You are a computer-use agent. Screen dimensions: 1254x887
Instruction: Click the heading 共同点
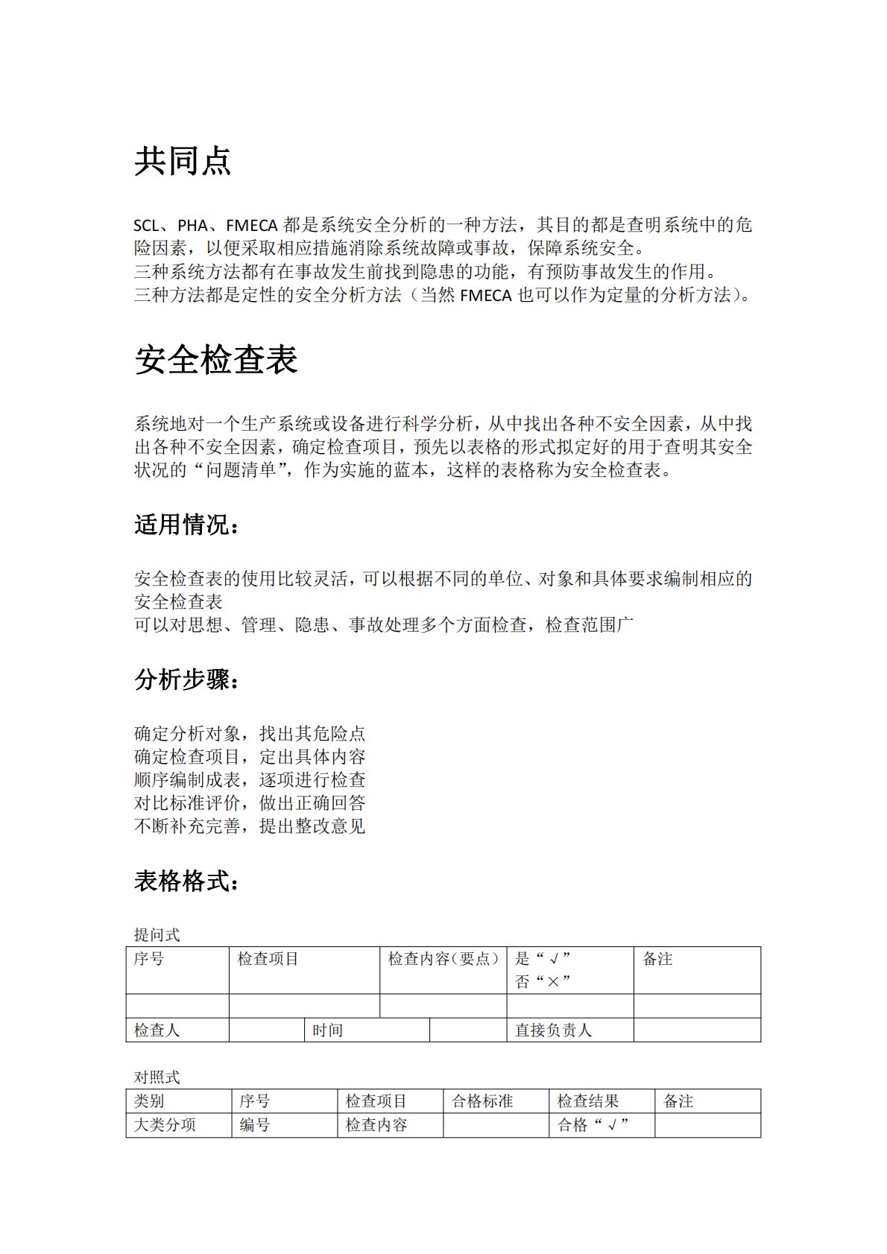[183, 161]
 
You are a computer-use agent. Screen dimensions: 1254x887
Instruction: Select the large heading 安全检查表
[216, 360]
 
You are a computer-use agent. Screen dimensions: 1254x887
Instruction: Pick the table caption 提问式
[157, 935]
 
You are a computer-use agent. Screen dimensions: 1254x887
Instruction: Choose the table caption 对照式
[157, 1077]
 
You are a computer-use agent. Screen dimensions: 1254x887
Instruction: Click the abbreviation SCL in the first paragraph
[146, 225]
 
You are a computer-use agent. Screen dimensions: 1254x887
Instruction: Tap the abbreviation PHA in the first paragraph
[192, 225]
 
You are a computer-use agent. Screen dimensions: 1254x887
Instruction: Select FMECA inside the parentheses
[486, 295]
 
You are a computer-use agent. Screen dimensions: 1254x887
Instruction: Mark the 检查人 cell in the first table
[157, 1030]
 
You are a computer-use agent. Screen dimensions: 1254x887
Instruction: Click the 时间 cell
[327, 1030]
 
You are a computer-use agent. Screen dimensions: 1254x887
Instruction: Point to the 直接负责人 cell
[553, 1030]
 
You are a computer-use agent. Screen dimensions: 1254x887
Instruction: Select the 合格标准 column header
[482, 1101]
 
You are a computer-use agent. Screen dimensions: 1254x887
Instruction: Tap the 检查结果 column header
[588, 1101]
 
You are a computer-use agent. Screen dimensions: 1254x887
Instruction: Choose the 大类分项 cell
[165, 1125]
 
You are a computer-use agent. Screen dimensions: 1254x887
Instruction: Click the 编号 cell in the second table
[255, 1125]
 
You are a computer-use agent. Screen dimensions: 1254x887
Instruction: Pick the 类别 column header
[149, 1101]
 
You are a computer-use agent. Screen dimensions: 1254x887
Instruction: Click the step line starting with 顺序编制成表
[250, 780]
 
